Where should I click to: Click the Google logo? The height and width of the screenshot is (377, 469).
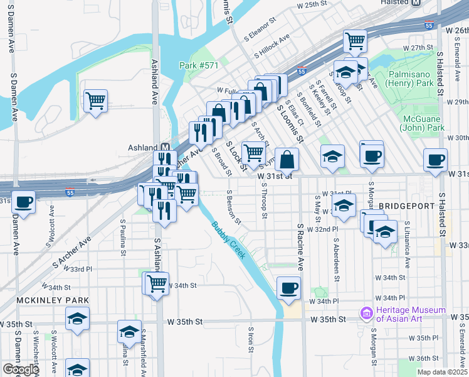pyautogui.click(x=21, y=369)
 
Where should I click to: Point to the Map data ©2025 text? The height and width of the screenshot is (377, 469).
pyautogui.click(x=443, y=372)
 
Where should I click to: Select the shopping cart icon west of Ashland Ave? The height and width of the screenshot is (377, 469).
pyautogui.click(x=95, y=100)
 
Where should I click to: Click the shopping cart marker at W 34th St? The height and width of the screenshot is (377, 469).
pyautogui.click(x=157, y=283)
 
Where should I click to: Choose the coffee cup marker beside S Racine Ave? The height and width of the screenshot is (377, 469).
pyautogui.click(x=288, y=287)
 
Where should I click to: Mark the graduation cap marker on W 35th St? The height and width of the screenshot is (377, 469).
pyautogui.click(x=129, y=331)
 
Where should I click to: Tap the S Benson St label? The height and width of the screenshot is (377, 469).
pyautogui.click(x=233, y=206)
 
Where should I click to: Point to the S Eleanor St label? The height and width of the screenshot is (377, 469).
pyautogui.click(x=260, y=30)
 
